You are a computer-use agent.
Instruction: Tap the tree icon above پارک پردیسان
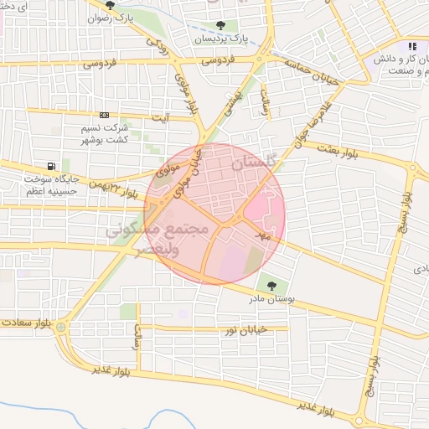[220, 26]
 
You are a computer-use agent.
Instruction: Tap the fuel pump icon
[53, 166]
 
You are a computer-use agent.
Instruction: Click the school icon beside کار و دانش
[412, 47]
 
